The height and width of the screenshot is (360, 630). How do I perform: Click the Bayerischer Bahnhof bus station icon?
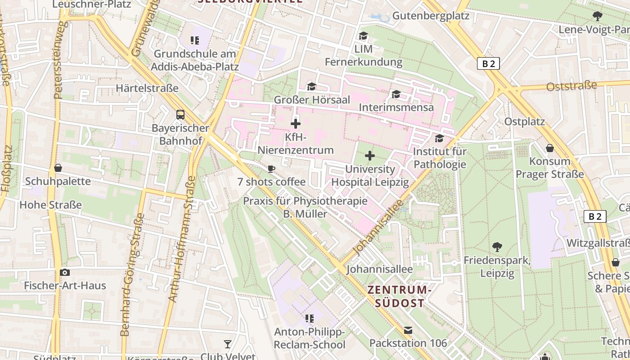(180, 115)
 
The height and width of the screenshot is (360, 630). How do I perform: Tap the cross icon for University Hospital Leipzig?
(370, 156)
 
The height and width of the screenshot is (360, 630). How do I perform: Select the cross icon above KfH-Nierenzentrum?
(296, 123)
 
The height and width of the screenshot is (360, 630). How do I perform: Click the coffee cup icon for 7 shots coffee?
(271, 169)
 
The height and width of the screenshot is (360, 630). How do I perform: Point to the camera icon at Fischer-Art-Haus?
(65, 272)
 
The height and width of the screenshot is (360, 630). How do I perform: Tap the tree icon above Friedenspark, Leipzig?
(497, 247)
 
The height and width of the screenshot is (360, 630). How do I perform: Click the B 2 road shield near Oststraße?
(488, 63)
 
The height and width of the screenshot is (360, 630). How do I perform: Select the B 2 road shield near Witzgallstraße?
(595, 216)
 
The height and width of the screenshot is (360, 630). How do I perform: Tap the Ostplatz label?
(524, 121)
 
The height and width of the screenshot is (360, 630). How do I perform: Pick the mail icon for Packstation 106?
(408, 330)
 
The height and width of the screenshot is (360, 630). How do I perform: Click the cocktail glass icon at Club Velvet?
(228, 344)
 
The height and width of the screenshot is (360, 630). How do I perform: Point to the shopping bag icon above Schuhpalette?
(58, 168)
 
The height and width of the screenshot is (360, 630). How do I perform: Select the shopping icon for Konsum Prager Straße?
(549, 148)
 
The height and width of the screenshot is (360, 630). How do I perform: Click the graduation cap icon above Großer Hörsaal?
(312, 86)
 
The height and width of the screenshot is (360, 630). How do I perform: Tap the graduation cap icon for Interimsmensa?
(396, 94)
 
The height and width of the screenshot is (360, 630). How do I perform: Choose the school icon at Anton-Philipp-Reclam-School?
(310, 319)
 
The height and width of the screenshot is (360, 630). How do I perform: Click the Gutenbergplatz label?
(431, 16)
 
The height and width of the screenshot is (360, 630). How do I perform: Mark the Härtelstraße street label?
(147, 88)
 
